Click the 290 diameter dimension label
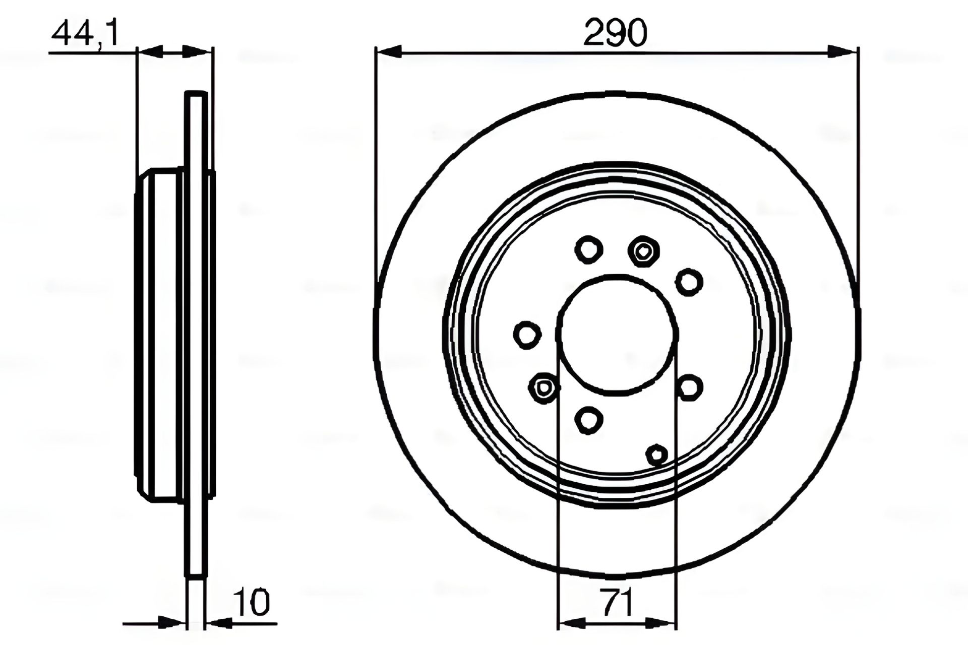tap(615, 34)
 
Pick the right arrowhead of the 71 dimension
tap(663, 624)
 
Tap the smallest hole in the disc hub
tap(656, 455)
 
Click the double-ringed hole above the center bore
tap(644, 250)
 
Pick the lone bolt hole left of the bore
tap(527, 335)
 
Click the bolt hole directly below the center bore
tap(588, 420)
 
